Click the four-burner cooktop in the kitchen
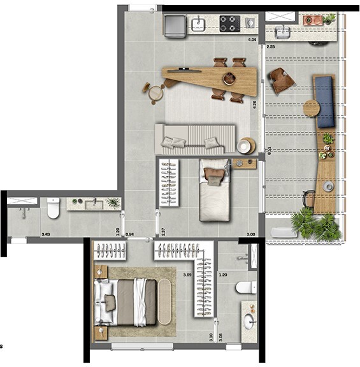pyautogui.click(x=229, y=24)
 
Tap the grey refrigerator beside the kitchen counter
pyautogui.click(x=174, y=25)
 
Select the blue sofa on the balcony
pyautogui.click(x=326, y=101)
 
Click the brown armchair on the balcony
pyautogui.click(x=281, y=80)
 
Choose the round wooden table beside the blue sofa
pyautogui.click(x=312, y=108)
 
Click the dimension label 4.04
pyautogui.click(x=252, y=40)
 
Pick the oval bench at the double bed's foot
pyautogui.click(x=164, y=303)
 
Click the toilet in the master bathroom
pyautogui.click(x=245, y=287)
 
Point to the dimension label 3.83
pyautogui.click(x=46, y=234)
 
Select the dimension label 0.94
pyautogui.click(x=129, y=234)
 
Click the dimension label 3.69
pyautogui.click(x=187, y=275)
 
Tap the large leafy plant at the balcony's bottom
pyautogui.click(x=313, y=225)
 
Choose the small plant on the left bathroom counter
pyautogui.click(x=113, y=203)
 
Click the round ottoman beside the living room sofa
pyautogui.click(x=245, y=146)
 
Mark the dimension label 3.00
pyautogui.click(x=252, y=234)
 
